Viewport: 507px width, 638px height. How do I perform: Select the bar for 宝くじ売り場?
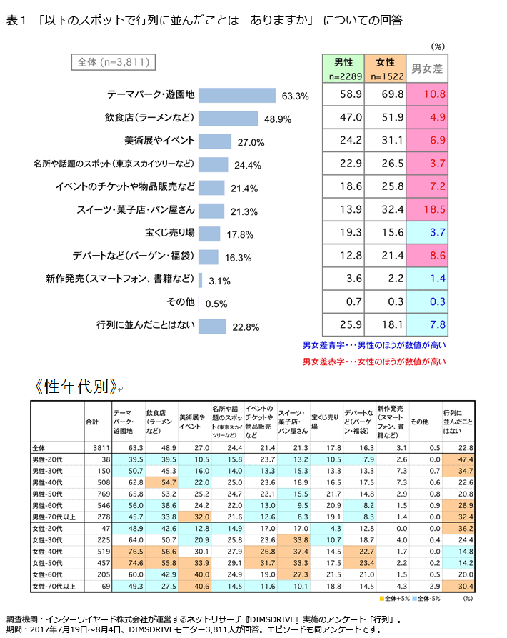(x=209, y=234)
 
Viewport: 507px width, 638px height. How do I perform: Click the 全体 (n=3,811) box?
(x=113, y=62)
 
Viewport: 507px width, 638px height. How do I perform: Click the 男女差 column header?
(x=427, y=69)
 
